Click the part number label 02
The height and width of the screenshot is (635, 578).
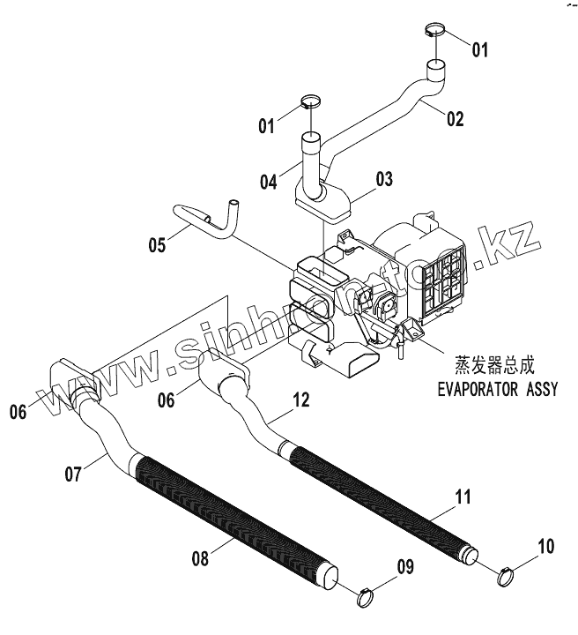pos(455,119)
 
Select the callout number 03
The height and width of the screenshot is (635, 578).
pos(384,180)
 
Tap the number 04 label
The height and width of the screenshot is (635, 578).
pos(268,183)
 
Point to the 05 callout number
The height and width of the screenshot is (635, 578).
pos(157,245)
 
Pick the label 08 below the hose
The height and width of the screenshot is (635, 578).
pos(202,557)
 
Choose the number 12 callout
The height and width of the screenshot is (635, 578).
pos(300,400)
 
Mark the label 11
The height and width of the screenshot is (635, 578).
pos(463,497)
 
